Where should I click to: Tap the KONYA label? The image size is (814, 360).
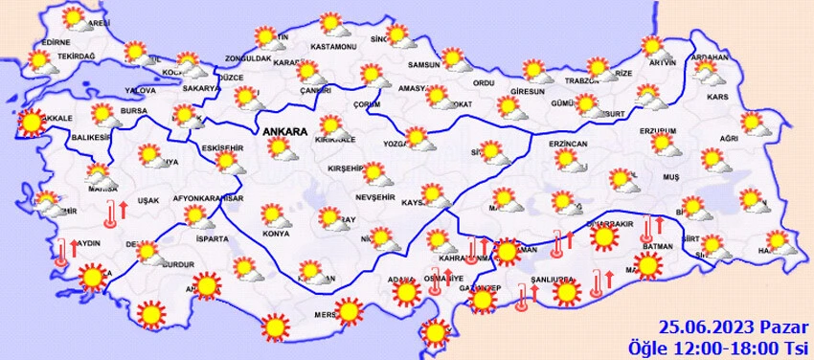click(x=276, y=234)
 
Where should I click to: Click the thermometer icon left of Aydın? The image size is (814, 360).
click(x=61, y=252)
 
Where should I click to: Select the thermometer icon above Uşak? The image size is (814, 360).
click(x=112, y=212)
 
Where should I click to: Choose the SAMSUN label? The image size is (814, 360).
click(x=422, y=65)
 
